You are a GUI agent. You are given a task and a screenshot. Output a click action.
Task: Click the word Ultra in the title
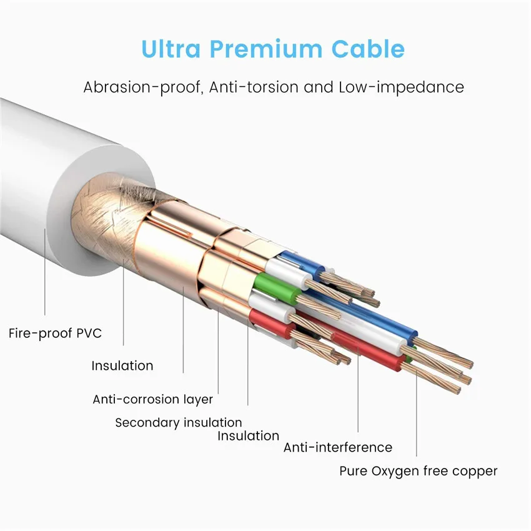(x=171, y=49)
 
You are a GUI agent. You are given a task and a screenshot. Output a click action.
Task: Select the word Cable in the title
(x=368, y=49)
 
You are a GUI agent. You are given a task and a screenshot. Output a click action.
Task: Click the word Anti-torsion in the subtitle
(x=254, y=87)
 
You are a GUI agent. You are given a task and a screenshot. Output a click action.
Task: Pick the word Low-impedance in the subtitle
(x=401, y=87)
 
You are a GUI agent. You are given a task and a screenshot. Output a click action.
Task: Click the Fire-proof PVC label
(x=55, y=333)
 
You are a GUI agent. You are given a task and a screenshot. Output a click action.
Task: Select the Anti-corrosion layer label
(x=152, y=399)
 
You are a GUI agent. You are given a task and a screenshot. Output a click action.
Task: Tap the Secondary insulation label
(x=179, y=423)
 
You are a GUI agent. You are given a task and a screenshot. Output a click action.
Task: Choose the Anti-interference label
(x=337, y=447)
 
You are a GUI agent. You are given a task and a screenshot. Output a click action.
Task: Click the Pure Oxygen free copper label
(x=418, y=471)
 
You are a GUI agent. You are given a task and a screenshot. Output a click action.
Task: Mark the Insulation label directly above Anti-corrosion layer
(x=122, y=365)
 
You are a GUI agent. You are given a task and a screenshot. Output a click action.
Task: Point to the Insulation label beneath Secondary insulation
(x=248, y=436)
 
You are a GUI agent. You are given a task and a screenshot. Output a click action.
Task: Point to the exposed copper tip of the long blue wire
(x=444, y=352)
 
